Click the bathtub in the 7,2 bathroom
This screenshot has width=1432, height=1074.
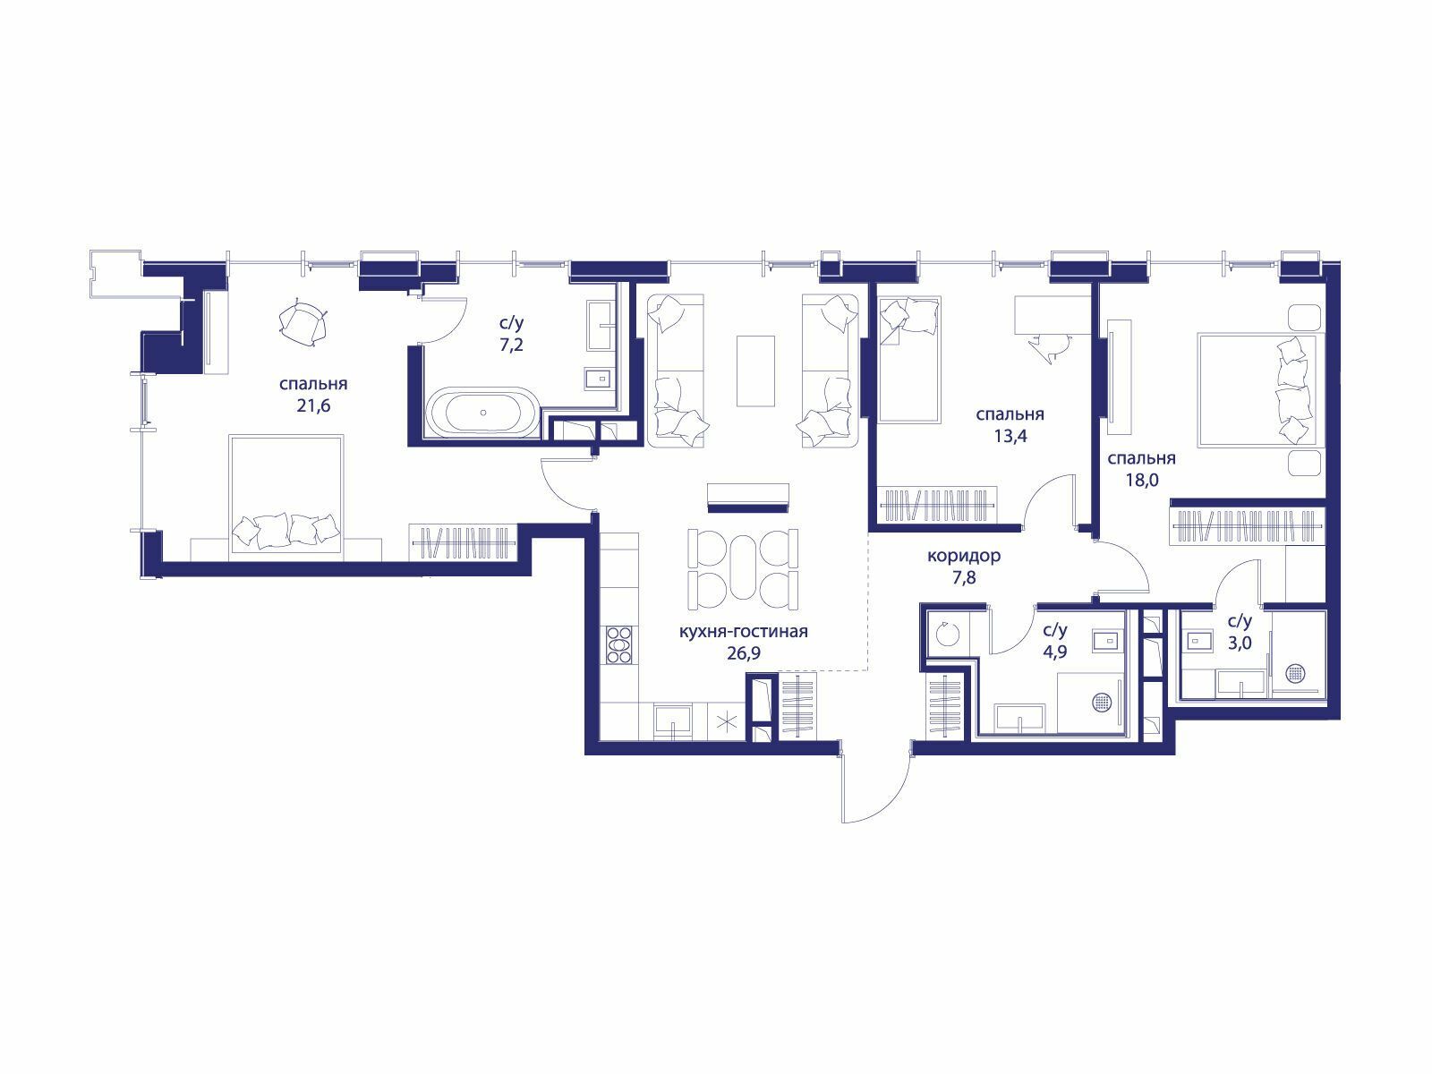coord(483,411)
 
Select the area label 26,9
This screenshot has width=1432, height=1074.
coord(744,652)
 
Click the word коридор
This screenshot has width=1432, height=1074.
coord(964,556)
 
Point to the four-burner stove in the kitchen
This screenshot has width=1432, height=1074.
coord(618,644)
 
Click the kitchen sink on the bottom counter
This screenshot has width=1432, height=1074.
coord(673,721)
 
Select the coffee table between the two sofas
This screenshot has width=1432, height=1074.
coord(755,371)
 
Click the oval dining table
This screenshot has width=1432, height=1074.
coord(743,567)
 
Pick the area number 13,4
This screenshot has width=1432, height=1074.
coord(1010,436)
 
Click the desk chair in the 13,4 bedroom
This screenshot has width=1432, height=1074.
coord(1050,346)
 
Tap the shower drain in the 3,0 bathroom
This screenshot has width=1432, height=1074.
coord(1295,673)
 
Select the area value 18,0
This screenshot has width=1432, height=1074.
coord(1142,481)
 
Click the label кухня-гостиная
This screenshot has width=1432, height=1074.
coord(744,631)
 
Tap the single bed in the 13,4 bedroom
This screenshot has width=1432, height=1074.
coord(908,359)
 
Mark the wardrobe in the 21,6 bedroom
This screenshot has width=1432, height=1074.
coord(464,541)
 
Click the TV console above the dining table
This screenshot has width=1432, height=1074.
coord(748,494)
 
